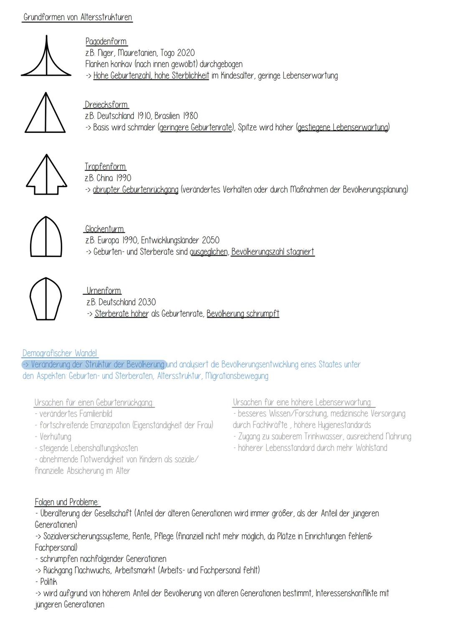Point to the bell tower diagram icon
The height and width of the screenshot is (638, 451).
[x=46, y=237]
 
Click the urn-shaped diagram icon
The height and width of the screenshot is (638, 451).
[x=46, y=299]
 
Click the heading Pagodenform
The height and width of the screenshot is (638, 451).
[x=106, y=41]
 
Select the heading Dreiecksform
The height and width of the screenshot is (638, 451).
[x=106, y=104]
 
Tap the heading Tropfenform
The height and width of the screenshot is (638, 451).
[x=105, y=167]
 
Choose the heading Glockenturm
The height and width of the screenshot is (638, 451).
[x=104, y=229]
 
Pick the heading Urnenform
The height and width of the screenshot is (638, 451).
[x=104, y=290]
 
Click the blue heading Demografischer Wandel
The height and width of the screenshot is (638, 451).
[x=60, y=353]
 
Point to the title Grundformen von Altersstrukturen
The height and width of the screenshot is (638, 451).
[x=78, y=17]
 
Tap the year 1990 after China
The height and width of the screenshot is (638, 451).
[x=123, y=178]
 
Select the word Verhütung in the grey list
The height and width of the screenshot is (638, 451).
[x=55, y=437]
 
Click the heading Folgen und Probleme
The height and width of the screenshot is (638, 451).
[x=67, y=502]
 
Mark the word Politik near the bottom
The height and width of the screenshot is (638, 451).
[x=48, y=582]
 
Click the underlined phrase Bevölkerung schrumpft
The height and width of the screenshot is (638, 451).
[x=243, y=314]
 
